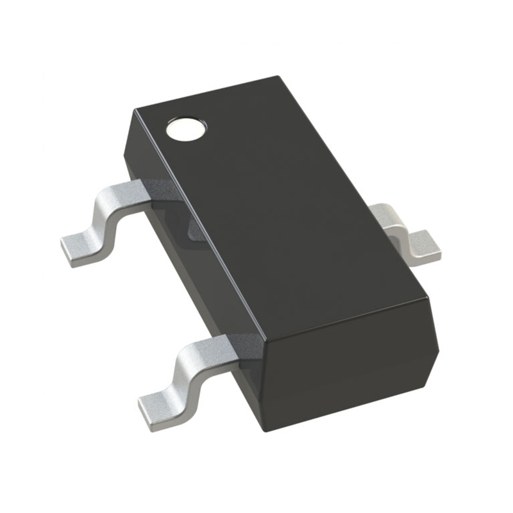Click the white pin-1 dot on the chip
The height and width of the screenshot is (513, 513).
[x=187, y=129]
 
